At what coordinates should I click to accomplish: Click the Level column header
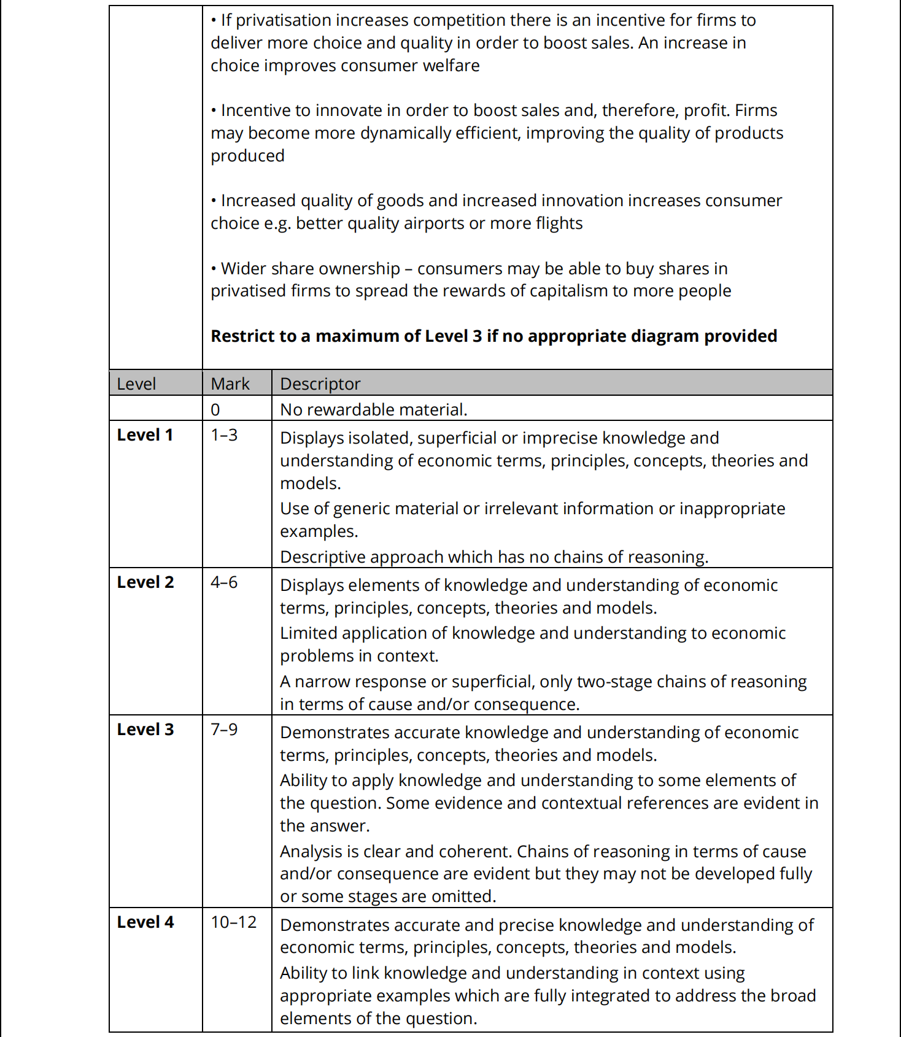[136, 384]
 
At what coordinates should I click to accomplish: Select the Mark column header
[230, 384]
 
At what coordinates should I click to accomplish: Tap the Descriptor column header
[320, 384]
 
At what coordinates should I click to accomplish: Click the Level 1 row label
[145, 435]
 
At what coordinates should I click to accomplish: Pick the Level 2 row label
[145, 582]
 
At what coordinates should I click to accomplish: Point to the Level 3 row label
[145, 730]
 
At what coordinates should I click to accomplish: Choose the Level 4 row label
[145, 922]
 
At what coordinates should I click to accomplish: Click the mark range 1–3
[224, 435]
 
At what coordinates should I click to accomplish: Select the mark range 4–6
[224, 582]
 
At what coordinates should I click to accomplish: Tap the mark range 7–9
[224, 730]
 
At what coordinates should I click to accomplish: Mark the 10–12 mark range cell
[234, 922]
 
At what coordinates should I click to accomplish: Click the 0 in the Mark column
[215, 410]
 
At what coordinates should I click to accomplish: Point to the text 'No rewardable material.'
[374, 410]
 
